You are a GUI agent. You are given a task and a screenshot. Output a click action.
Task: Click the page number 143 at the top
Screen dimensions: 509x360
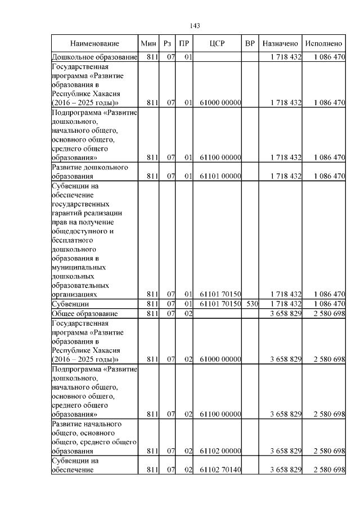click(x=195, y=26)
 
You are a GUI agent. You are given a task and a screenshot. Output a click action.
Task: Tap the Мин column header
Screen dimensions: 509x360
click(x=148, y=43)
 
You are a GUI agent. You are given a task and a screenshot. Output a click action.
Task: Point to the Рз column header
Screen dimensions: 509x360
click(x=167, y=43)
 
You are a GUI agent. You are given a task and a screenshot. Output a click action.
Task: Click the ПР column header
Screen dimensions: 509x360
click(x=184, y=43)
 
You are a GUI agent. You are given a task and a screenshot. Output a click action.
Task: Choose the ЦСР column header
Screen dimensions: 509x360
click(x=217, y=43)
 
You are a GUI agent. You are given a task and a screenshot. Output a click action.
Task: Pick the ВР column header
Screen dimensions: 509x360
click(x=250, y=43)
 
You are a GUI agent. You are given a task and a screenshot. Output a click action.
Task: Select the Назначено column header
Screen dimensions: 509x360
click(x=280, y=43)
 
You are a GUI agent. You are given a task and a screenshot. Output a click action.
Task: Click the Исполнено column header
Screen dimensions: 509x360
click(x=323, y=43)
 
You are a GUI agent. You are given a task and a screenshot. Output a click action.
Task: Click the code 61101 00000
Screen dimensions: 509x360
click(x=220, y=176)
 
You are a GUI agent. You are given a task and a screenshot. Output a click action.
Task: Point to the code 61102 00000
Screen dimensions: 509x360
click(x=220, y=451)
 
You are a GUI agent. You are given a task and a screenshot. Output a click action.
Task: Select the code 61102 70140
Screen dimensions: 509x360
click(x=220, y=469)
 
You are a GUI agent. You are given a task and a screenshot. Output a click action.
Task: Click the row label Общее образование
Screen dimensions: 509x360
click(x=85, y=313)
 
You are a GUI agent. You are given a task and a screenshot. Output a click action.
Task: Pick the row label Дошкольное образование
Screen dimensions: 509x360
click(x=94, y=57)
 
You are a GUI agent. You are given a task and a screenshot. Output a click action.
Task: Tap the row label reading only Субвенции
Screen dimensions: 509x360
click(x=71, y=304)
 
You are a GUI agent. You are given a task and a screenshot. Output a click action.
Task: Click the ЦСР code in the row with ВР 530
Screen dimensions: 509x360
click(x=220, y=304)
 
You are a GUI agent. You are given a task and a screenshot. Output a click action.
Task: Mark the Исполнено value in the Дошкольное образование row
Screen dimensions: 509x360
click(x=329, y=57)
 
